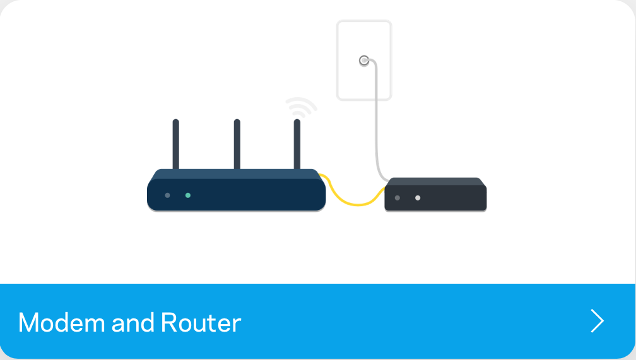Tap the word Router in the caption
201,323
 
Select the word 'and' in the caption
132,323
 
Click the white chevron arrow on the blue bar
597,321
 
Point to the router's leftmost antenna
175,144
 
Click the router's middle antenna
237,144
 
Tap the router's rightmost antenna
297,144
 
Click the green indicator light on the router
188,195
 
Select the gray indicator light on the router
168,195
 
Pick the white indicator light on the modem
418,198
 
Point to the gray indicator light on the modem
397,198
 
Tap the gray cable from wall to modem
376,122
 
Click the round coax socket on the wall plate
364,61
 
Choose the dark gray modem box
435,194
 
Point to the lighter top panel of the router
237,174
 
